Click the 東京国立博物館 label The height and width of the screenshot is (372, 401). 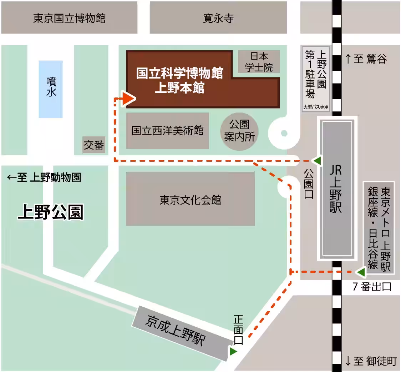[x=69, y=18]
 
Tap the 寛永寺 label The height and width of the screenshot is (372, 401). [x=218, y=18]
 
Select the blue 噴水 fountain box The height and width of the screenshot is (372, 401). [x=51, y=89]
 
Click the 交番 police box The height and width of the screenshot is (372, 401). [x=94, y=145]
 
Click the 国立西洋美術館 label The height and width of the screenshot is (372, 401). [x=167, y=131]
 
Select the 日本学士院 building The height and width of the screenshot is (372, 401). [x=259, y=62]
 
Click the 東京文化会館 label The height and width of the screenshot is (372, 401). [x=190, y=200]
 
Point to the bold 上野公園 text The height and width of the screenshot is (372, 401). [x=51, y=212]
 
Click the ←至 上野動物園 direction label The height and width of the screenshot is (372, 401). [x=44, y=177]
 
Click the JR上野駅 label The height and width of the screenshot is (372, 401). [x=336, y=189]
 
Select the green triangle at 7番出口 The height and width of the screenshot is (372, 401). [x=361, y=272]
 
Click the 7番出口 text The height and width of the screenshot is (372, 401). [x=372, y=287]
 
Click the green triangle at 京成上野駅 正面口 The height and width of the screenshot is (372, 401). [x=233, y=351]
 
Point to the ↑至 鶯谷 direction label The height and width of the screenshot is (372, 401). [x=366, y=59]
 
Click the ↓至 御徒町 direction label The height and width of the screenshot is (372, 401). [x=371, y=361]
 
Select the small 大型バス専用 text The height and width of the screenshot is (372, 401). [x=316, y=107]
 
